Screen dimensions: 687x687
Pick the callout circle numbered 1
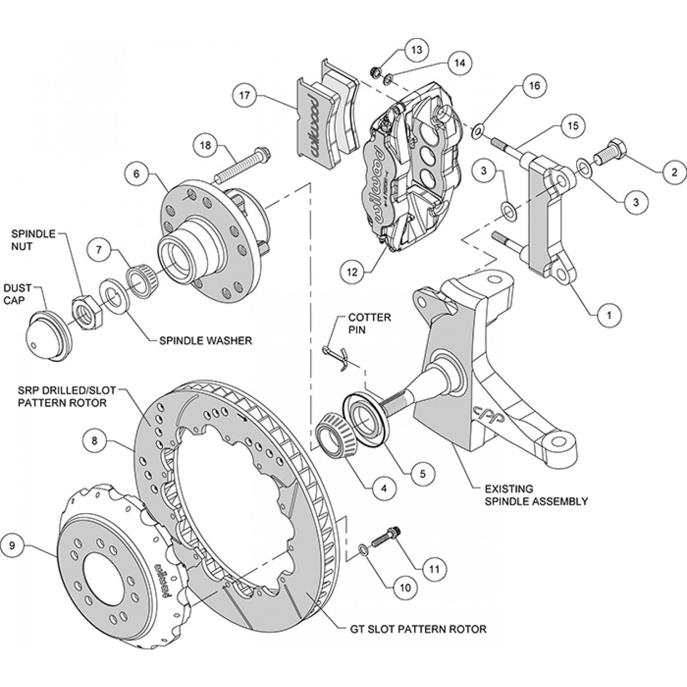click(609, 315)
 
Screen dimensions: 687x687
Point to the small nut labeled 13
click(376, 71)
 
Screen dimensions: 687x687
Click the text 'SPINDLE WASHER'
click(205, 340)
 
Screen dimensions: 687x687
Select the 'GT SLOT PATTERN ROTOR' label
click(416, 629)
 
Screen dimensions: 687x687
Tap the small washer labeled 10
click(364, 549)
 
